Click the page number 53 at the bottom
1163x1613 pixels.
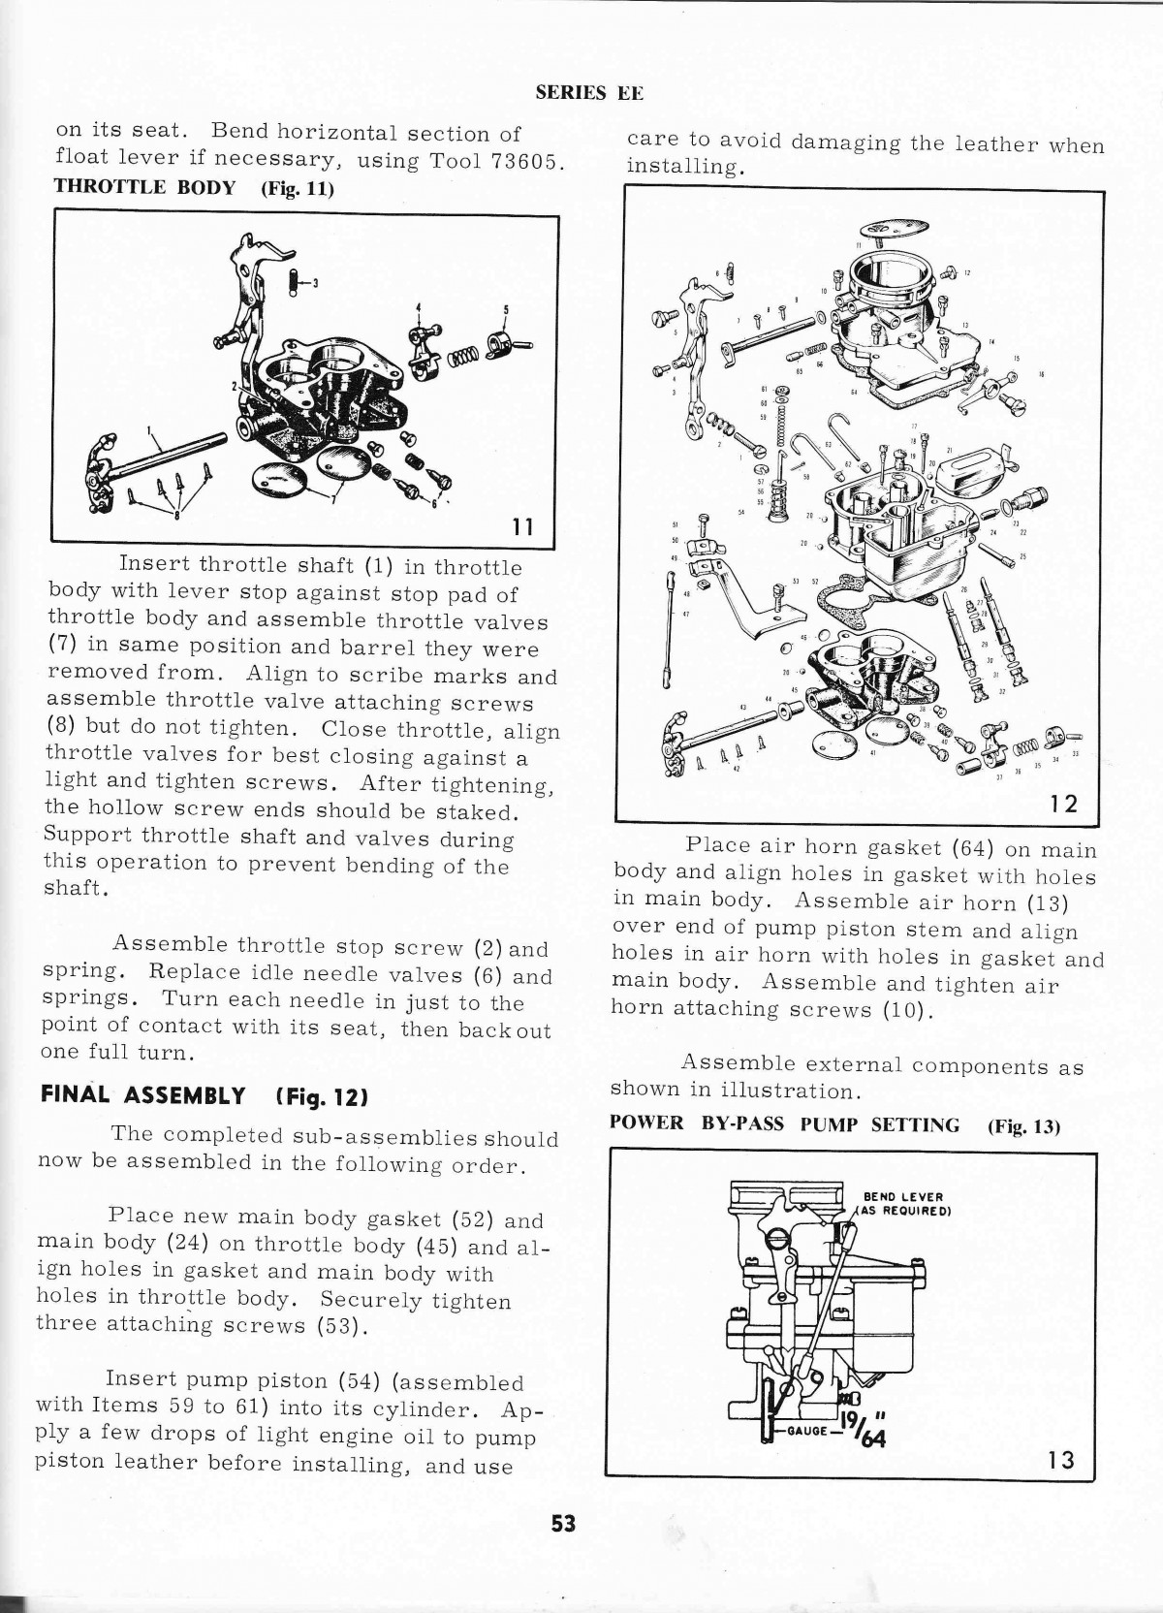pyautogui.click(x=563, y=1523)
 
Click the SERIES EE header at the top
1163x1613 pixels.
pyautogui.click(x=589, y=93)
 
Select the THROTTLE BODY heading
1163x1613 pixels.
pyautogui.click(x=145, y=187)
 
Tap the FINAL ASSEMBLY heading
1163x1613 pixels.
pyautogui.click(x=142, y=1096)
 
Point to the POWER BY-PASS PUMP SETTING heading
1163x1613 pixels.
pyautogui.click(x=785, y=1124)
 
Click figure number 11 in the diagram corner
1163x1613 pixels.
pyautogui.click(x=522, y=526)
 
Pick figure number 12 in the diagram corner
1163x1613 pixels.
pyautogui.click(x=1063, y=804)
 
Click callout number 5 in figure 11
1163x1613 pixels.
pyautogui.click(x=505, y=311)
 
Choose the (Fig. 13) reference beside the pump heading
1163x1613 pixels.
pyautogui.click(x=1023, y=1126)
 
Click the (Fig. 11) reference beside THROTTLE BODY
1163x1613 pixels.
pyautogui.click(x=298, y=188)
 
